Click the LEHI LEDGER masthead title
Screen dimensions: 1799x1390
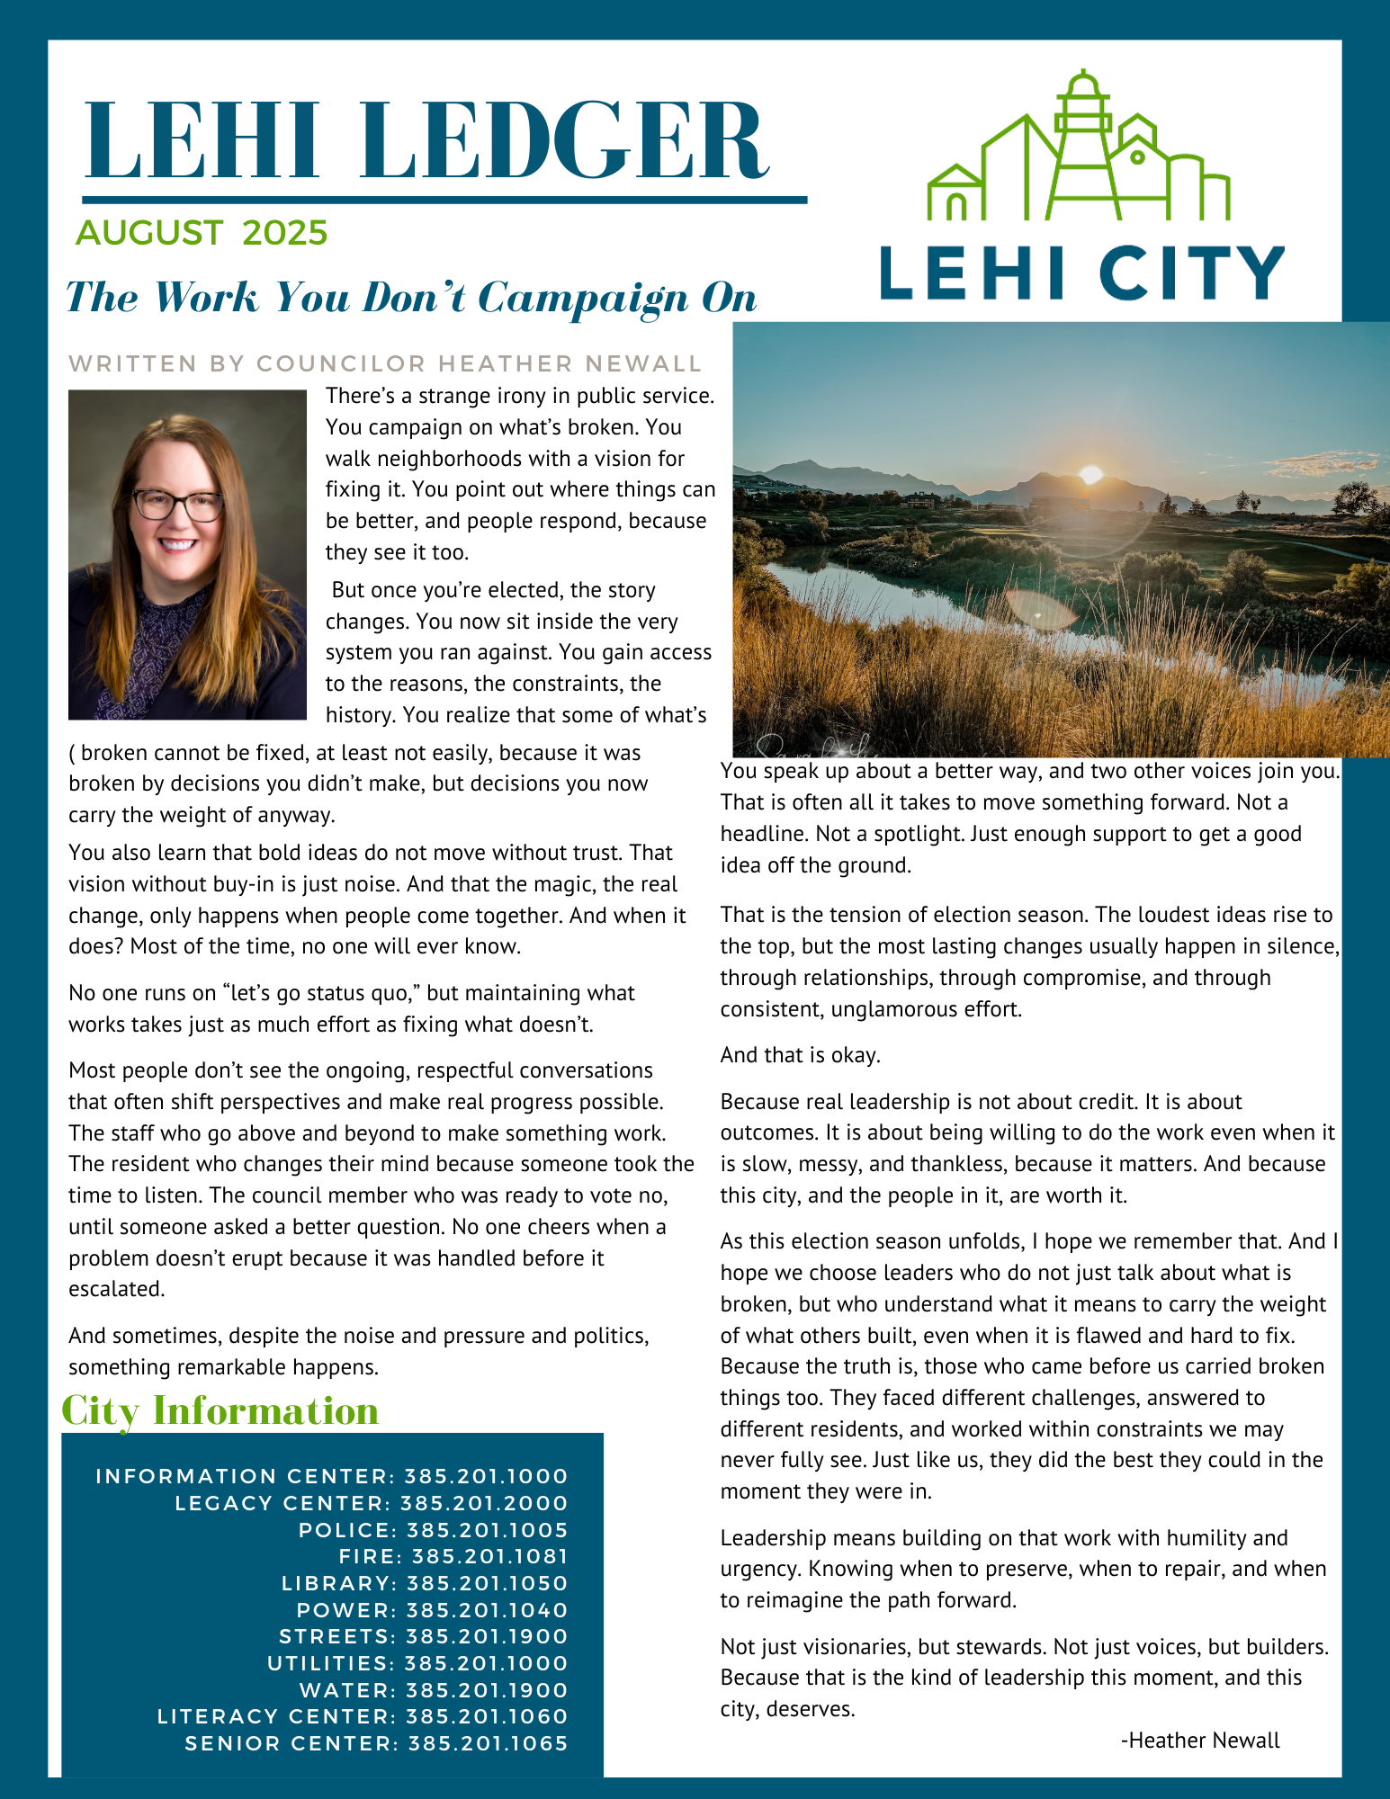coord(426,141)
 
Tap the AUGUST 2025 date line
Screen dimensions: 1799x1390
coord(202,233)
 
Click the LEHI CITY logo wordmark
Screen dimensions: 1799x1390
coord(1081,273)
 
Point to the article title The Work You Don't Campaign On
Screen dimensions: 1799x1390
coord(411,298)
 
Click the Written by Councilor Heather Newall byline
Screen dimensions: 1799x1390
coord(384,364)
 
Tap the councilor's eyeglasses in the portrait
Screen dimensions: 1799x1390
coord(178,504)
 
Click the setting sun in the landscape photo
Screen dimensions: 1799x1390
coord(1090,474)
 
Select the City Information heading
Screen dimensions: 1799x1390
coord(220,1410)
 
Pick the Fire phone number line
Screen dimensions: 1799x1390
coord(453,1556)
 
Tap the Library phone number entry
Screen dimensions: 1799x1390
coord(425,1583)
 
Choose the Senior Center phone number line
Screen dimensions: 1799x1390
coord(376,1743)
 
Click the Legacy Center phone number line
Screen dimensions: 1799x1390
coord(372,1503)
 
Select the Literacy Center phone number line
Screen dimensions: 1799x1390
coord(363,1716)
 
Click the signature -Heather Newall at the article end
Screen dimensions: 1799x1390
coord(1199,1741)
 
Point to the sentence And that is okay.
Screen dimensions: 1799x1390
coord(800,1055)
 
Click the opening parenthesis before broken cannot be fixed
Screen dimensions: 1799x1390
coord(72,753)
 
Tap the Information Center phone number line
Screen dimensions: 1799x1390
coord(332,1476)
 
